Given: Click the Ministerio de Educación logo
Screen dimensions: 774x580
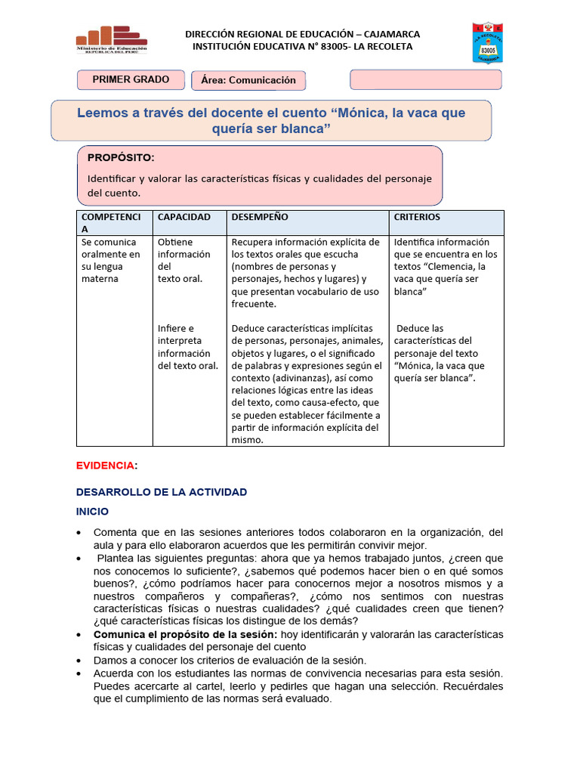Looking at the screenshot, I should pos(112,39).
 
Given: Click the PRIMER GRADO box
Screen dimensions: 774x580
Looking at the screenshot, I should pos(131,79).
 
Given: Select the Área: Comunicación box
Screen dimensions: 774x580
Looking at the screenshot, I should pos(248,80).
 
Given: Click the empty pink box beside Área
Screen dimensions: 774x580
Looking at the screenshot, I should pos(425,79).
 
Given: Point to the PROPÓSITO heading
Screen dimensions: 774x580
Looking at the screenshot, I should pos(121,158).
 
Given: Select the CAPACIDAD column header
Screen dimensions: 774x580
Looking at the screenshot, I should pos(184,217).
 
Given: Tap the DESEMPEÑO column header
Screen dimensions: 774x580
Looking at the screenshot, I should pos(260,217).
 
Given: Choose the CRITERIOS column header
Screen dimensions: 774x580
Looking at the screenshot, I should pos(417,217).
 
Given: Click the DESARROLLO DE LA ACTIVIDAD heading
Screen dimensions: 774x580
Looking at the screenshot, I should pos(162,492).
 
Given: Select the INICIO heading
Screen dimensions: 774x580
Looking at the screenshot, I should pos(92,512).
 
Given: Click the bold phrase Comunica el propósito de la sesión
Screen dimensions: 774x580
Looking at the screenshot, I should pos(185,633).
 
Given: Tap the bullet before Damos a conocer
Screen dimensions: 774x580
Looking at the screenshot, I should pos(80,660).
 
